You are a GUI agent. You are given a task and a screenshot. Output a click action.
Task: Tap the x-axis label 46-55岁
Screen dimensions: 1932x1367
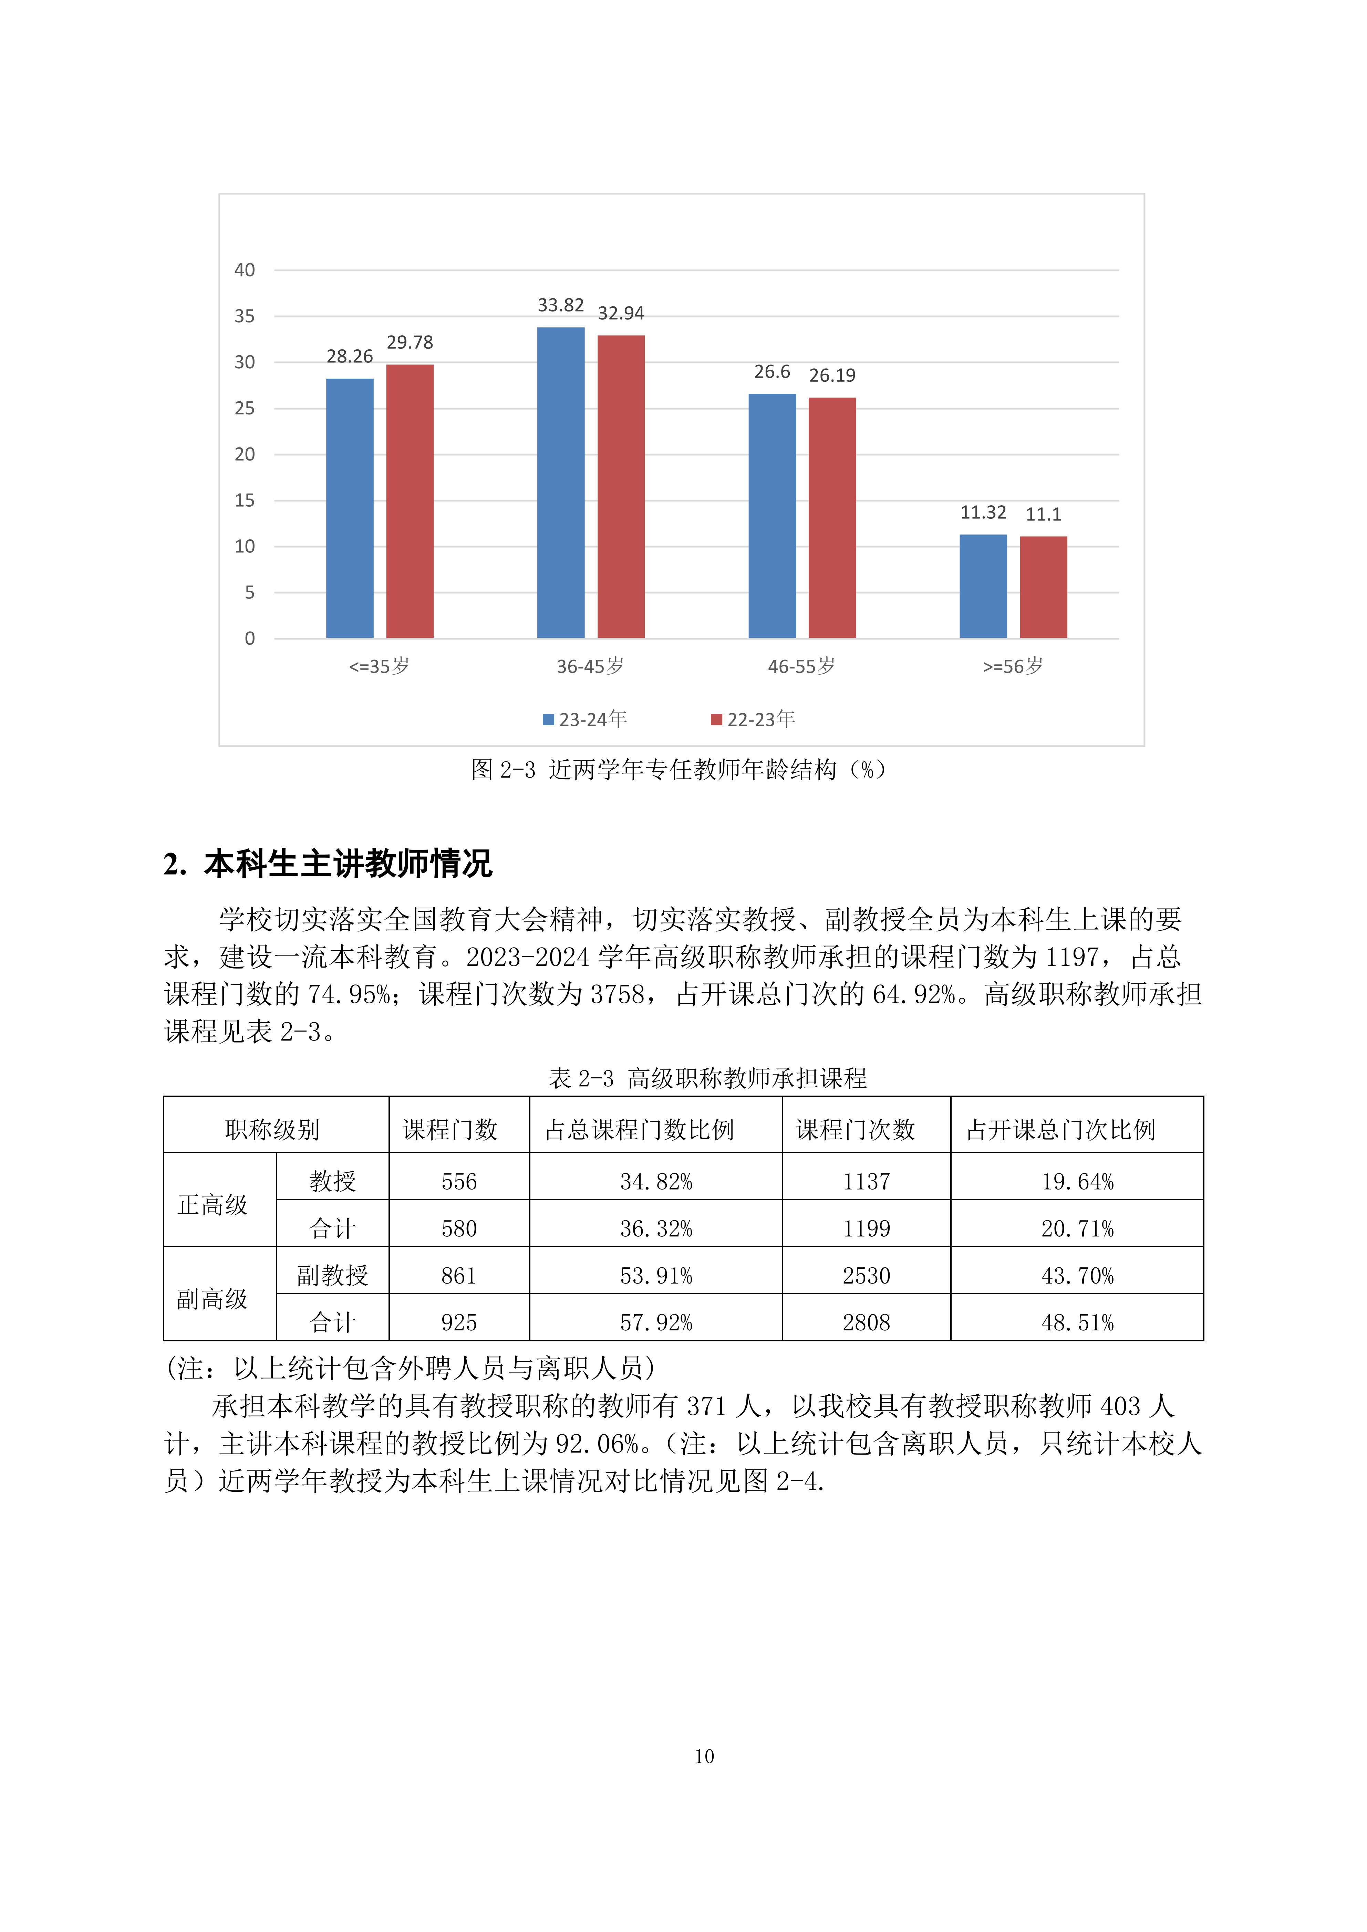801,666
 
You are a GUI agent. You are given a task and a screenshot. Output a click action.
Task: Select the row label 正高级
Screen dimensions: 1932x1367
213,1205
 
